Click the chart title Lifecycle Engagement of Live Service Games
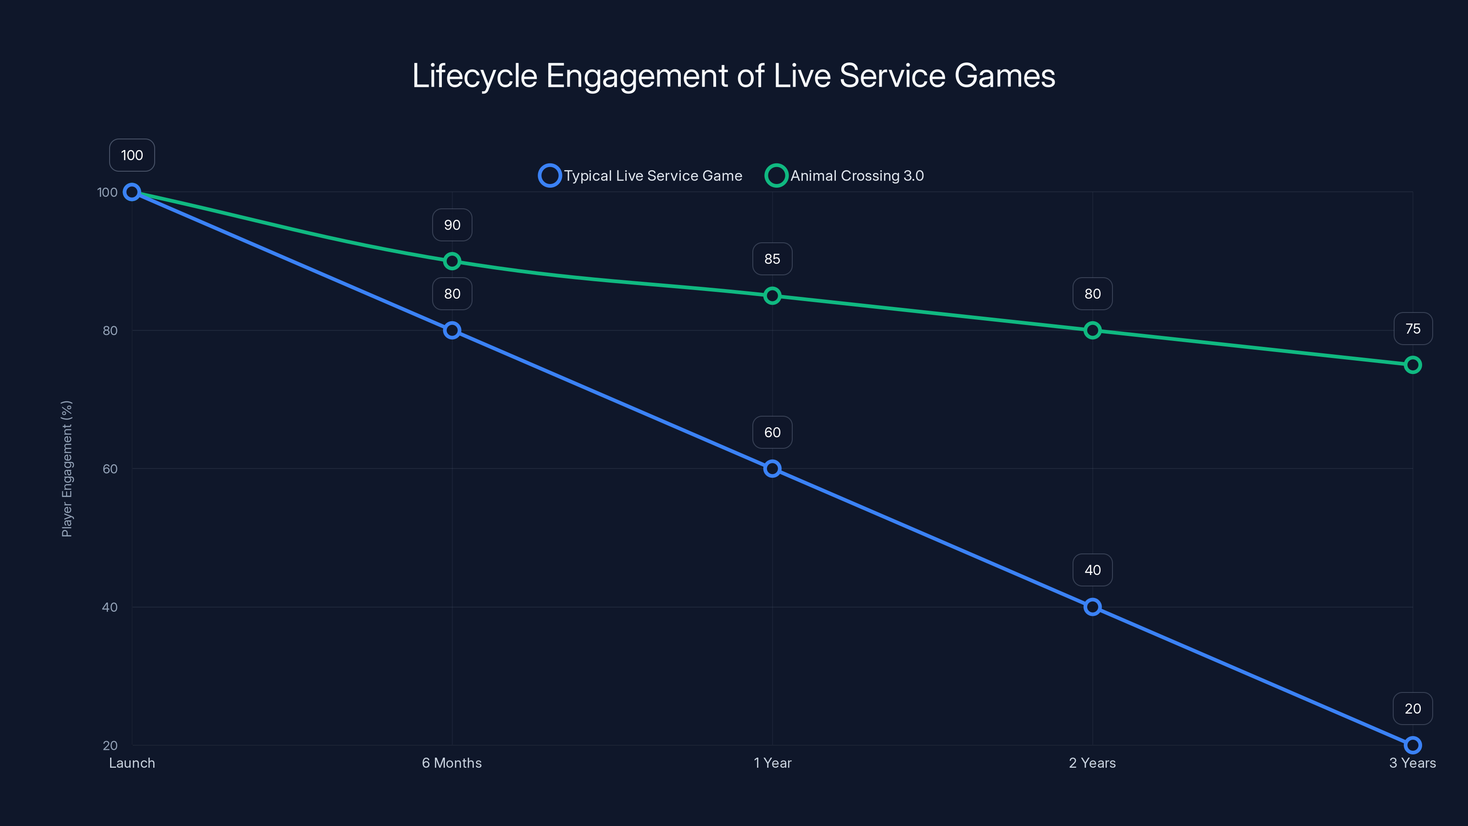pyautogui.click(x=734, y=76)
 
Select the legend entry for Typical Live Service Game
pyautogui.click(x=641, y=176)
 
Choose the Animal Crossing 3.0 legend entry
pyautogui.click(x=845, y=176)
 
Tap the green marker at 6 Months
pyautogui.click(x=452, y=261)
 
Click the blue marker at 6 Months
pyautogui.click(x=452, y=330)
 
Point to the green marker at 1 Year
pyautogui.click(x=772, y=296)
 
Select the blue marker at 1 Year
pyautogui.click(x=772, y=469)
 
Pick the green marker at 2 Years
pyautogui.click(x=1092, y=330)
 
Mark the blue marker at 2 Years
pyautogui.click(x=1092, y=607)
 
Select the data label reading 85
pyautogui.click(x=772, y=259)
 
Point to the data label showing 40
pyautogui.click(x=1092, y=570)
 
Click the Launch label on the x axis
pyautogui.click(x=132, y=763)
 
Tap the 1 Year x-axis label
pyautogui.click(x=772, y=763)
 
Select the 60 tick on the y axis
pyautogui.click(x=110, y=469)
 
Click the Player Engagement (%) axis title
pyautogui.click(x=67, y=469)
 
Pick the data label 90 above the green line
pyautogui.click(x=452, y=225)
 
